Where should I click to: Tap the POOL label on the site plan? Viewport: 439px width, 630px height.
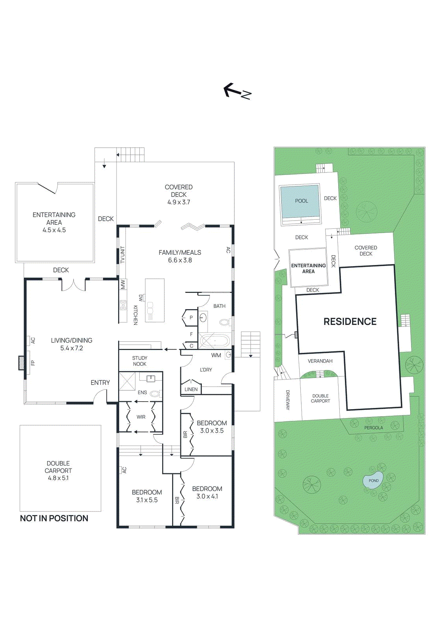tap(301, 201)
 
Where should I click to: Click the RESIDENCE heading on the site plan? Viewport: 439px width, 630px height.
tap(350, 322)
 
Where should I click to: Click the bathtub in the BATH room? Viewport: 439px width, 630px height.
tap(215, 340)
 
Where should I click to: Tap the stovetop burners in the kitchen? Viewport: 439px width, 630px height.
tap(123, 305)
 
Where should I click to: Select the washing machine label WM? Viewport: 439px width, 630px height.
tap(216, 355)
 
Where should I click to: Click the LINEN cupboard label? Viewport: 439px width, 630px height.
tap(191, 389)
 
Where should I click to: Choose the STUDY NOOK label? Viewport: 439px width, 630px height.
tap(140, 361)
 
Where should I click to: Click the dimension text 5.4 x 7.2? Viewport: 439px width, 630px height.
tap(72, 348)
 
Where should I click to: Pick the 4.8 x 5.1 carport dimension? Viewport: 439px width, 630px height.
tap(58, 478)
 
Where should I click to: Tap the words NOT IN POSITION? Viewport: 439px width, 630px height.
tap(54, 518)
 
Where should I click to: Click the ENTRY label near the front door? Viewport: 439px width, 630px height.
tap(100, 383)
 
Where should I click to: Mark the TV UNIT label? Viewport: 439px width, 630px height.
tap(122, 255)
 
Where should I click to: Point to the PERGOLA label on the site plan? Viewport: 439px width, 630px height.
tap(373, 428)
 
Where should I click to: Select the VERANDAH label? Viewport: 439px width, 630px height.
tap(320, 361)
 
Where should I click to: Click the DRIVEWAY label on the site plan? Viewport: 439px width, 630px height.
tap(288, 400)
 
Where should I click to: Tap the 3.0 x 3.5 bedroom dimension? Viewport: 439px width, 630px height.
tap(212, 431)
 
